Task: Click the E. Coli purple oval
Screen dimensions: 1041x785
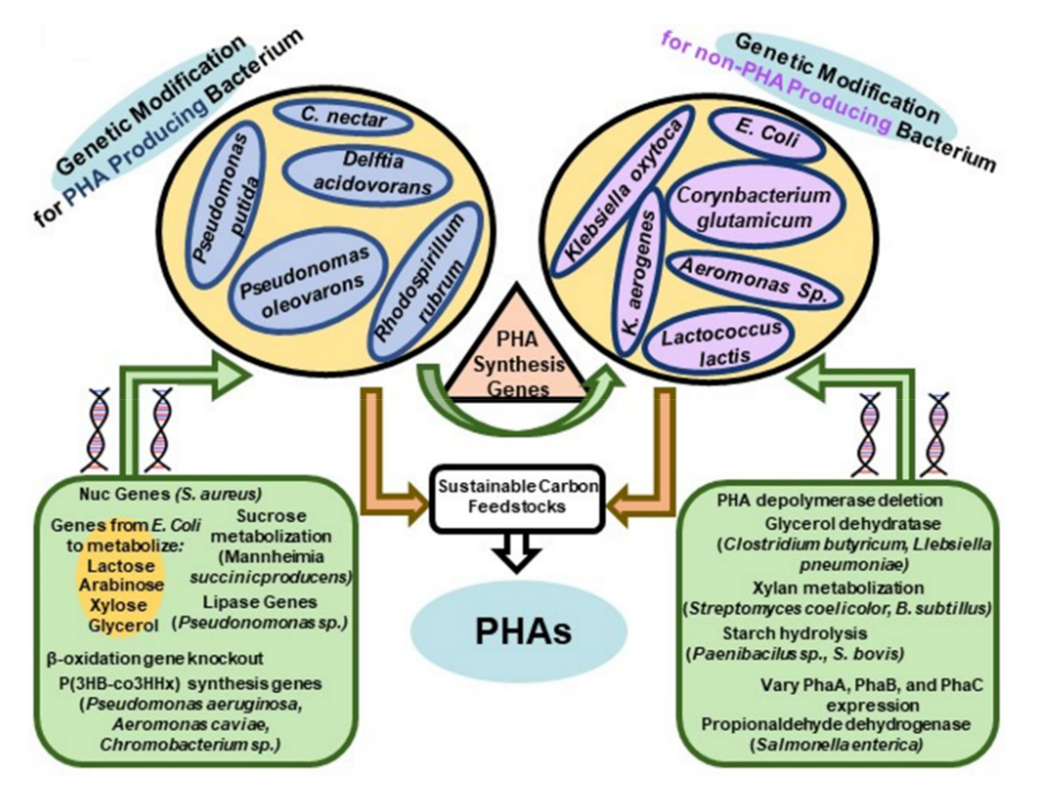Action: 768,134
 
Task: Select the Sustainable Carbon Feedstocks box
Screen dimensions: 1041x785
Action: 518,499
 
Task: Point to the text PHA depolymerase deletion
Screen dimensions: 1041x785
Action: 830,500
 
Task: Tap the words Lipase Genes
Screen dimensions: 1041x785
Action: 260,602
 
